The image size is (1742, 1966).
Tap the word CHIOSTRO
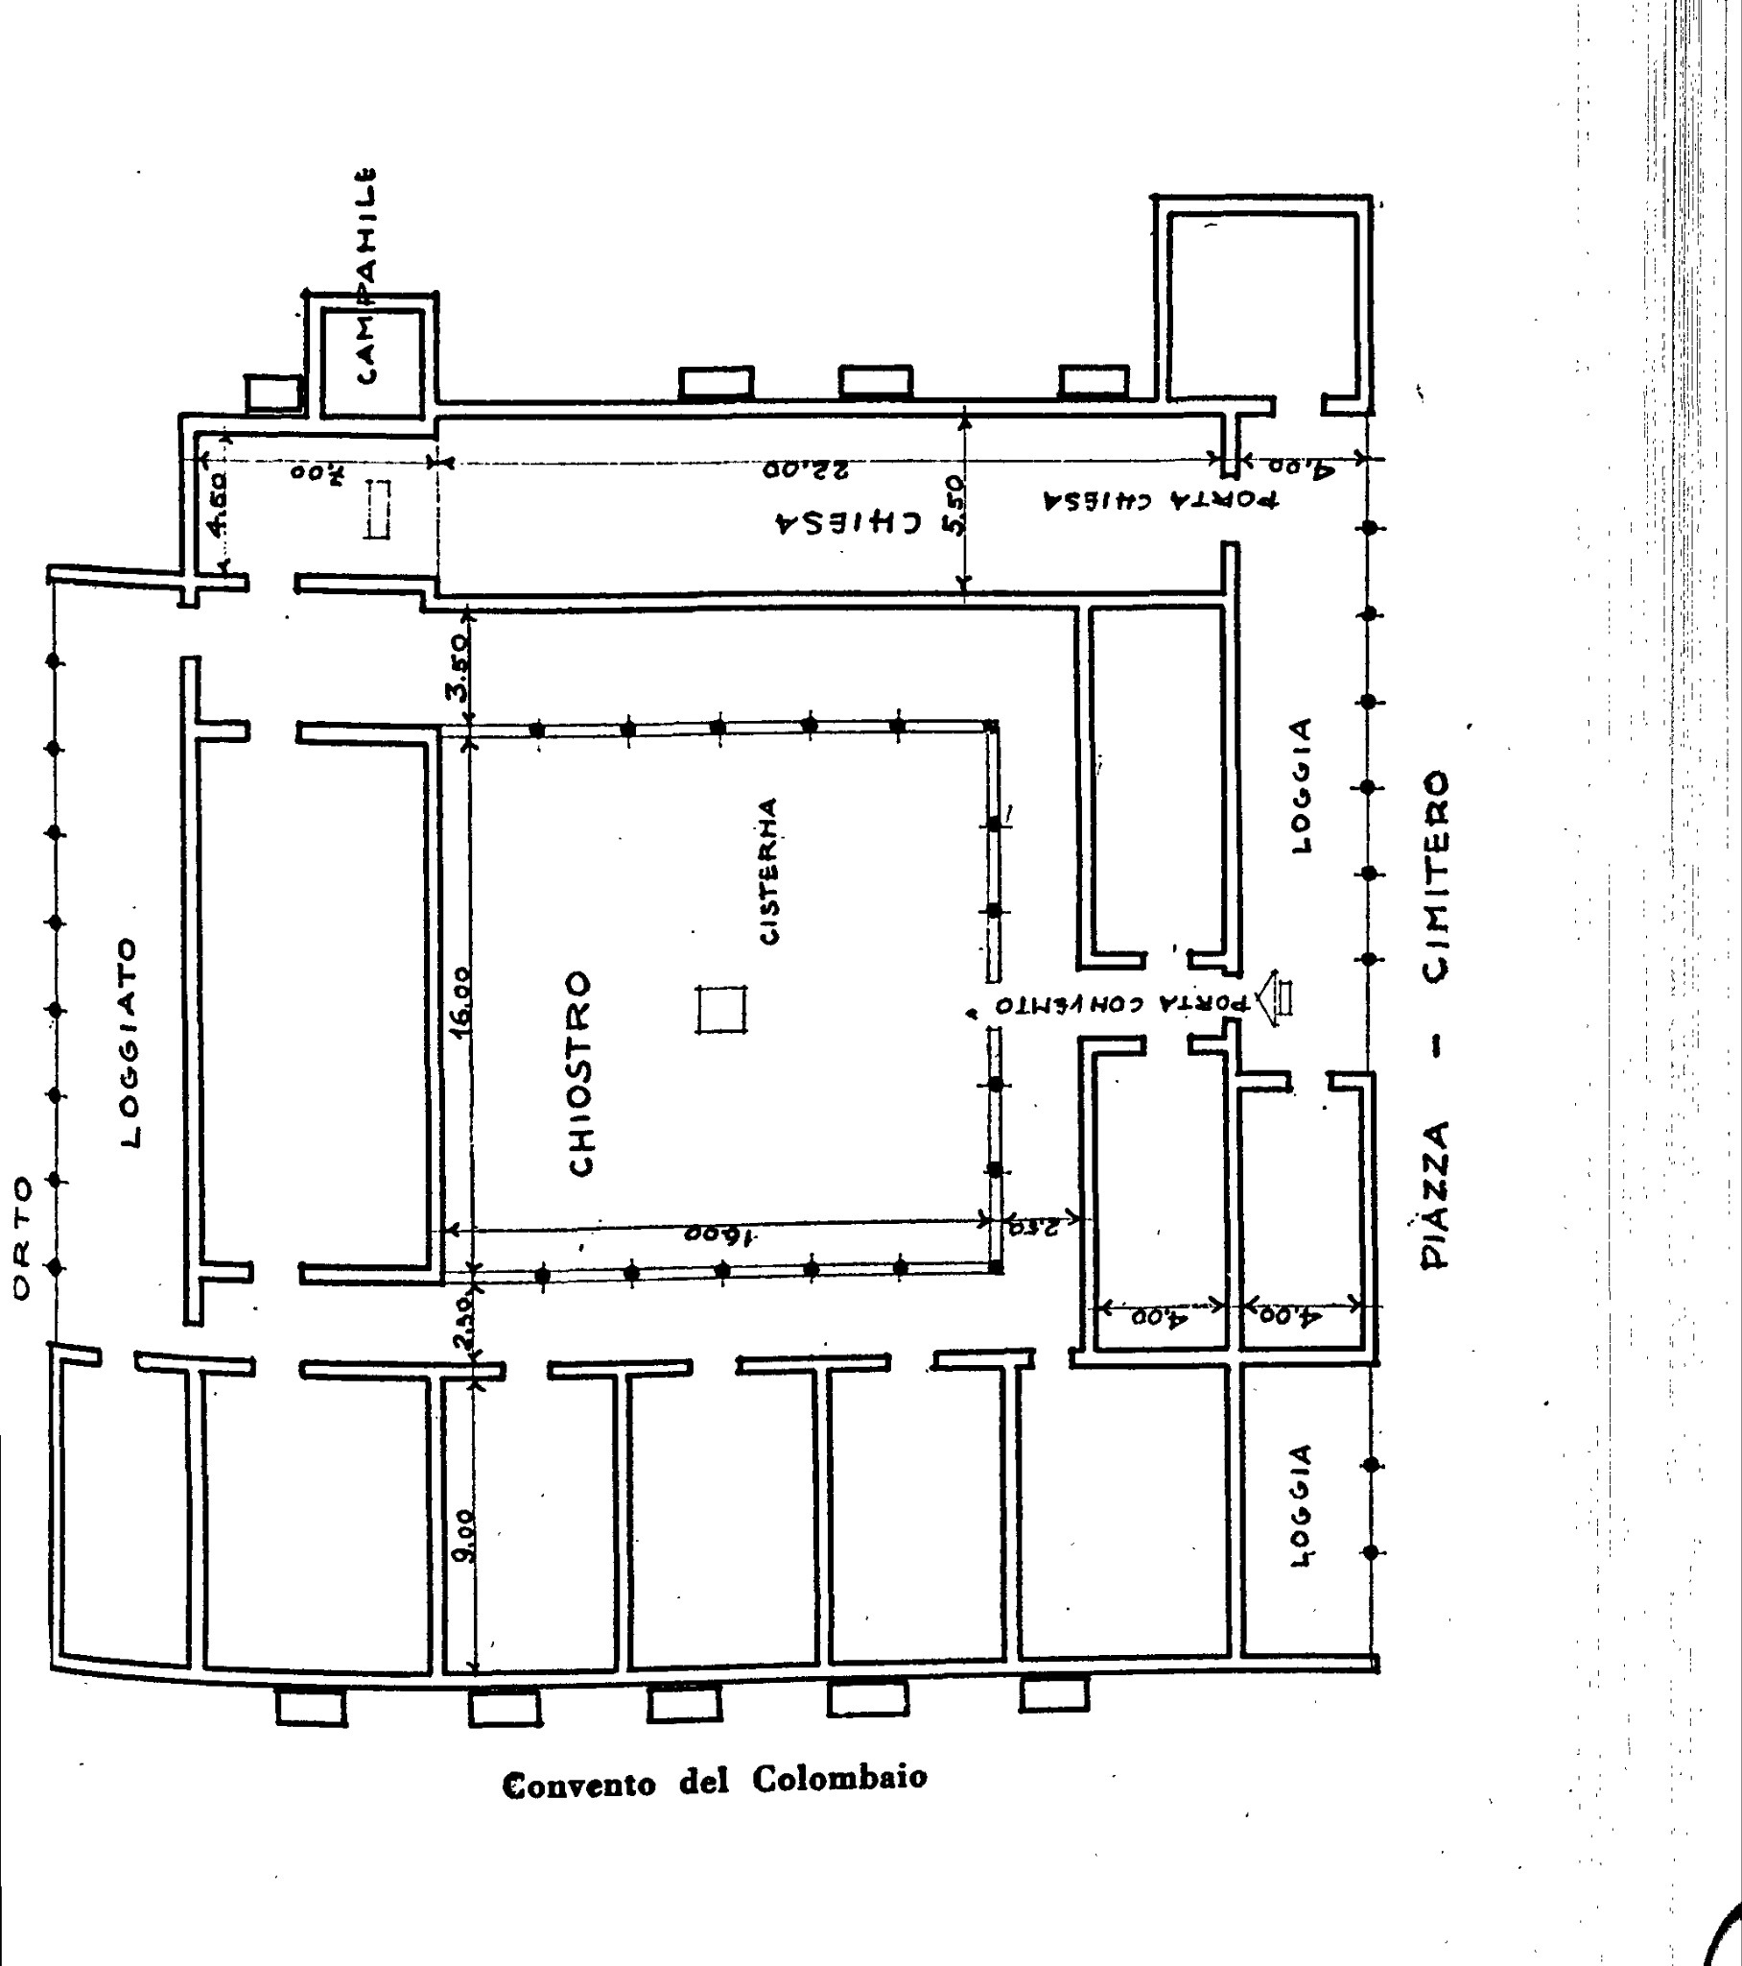[581, 1073]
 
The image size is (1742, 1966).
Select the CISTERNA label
[769, 872]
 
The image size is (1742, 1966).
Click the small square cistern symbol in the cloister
[722, 1010]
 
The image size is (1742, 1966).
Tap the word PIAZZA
[1435, 1194]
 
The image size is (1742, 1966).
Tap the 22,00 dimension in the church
[806, 470]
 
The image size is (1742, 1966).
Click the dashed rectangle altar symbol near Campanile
[377, 510]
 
